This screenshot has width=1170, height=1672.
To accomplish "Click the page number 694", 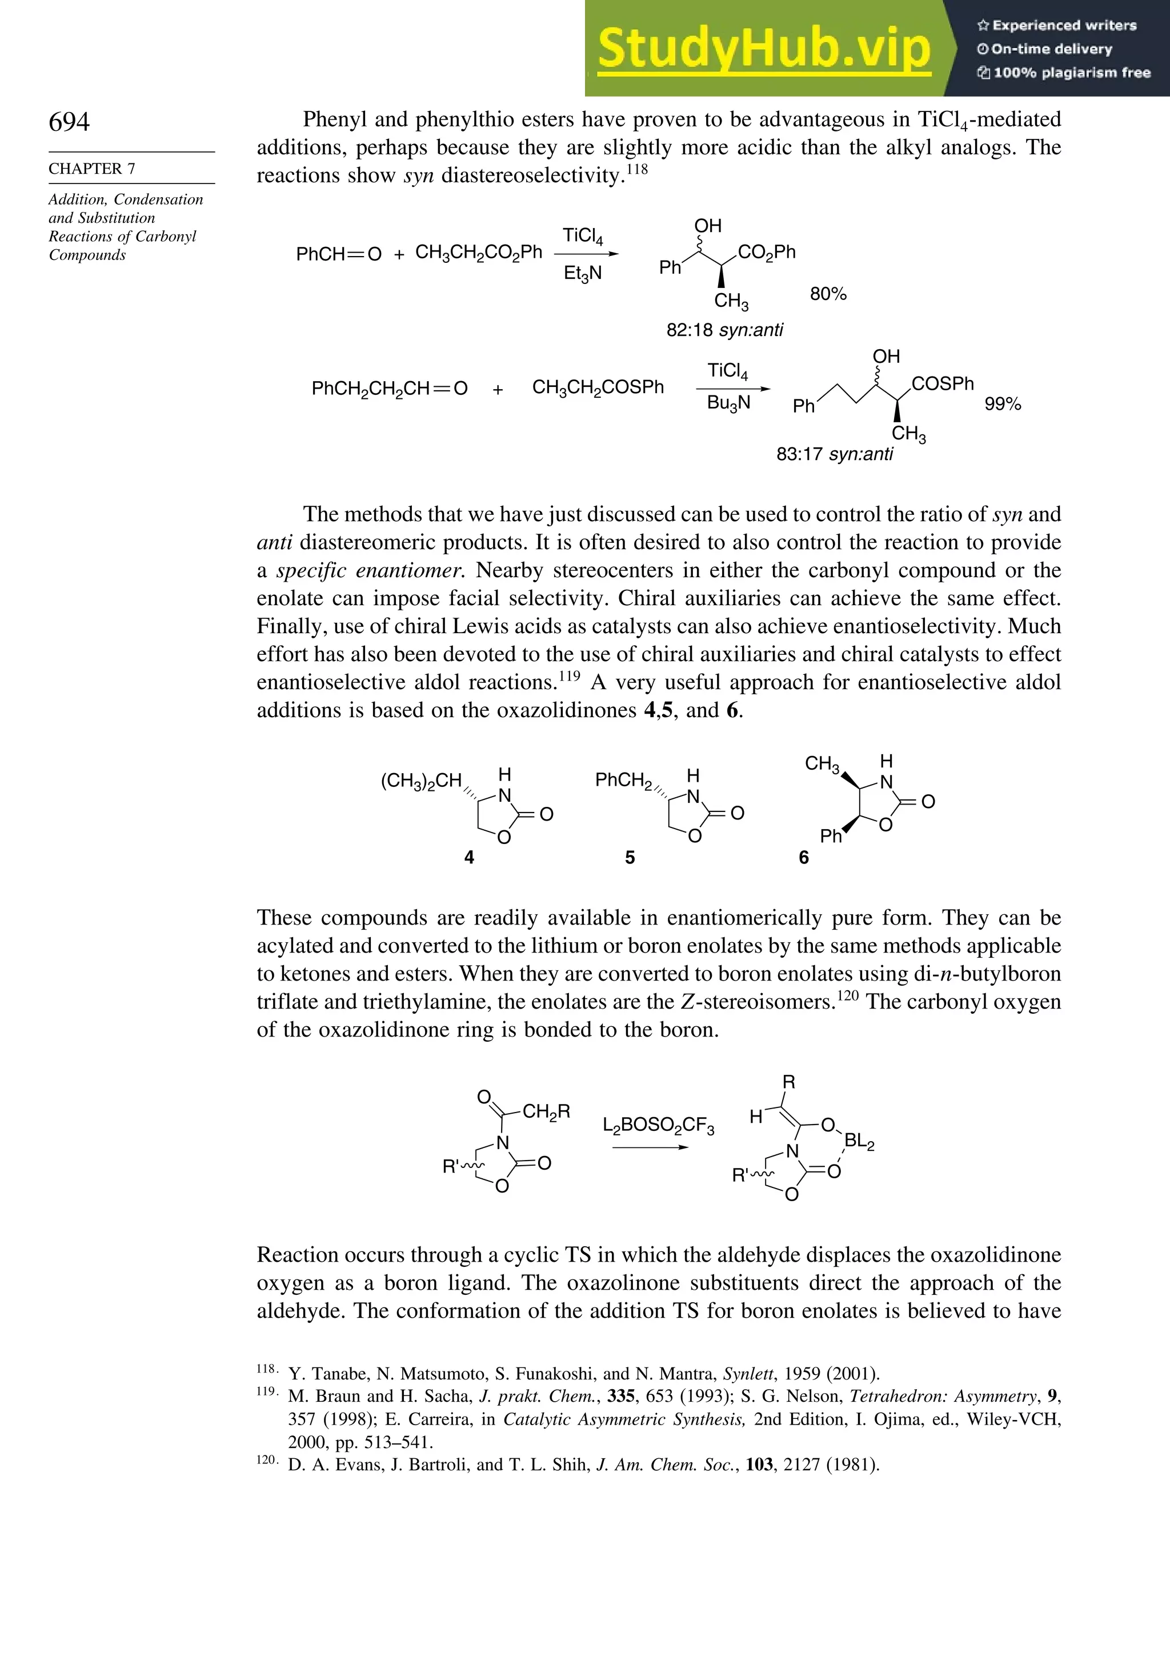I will tap(69, 122).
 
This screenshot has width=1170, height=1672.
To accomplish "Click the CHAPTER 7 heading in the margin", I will tap(92, 169).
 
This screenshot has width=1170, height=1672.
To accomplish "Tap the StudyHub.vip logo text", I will tap(764, 49).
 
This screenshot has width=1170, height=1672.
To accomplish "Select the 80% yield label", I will tap(828, 294).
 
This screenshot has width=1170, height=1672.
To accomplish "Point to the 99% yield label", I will tap(1002, 404).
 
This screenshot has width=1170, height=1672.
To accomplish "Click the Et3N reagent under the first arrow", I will tap(583, 274).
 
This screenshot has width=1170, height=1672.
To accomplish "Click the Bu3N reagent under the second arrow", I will tap(728, 403).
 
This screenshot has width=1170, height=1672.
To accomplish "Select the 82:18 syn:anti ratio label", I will tap(724, 330).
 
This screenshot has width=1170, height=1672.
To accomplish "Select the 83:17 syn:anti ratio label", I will tap(834, 454).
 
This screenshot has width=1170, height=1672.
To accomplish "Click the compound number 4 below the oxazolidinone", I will tap(469, 858).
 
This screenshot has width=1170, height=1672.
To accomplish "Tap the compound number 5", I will tap(630, 858).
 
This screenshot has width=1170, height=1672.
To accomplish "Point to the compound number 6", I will tap(803, 858).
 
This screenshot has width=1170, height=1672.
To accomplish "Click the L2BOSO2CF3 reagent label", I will tap(658, 1126).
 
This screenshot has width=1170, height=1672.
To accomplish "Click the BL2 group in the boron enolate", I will tap(859, 1141).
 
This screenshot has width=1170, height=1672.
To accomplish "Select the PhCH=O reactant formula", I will tap(339, 254).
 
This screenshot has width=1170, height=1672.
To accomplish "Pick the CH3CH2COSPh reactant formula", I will tap(598, 387).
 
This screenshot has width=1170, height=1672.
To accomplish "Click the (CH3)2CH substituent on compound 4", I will tap(421, 781).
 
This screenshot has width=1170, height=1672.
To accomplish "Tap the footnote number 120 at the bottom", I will tap(266, 1460).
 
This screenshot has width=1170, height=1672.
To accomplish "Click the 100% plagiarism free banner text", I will tap(1064, 73).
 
